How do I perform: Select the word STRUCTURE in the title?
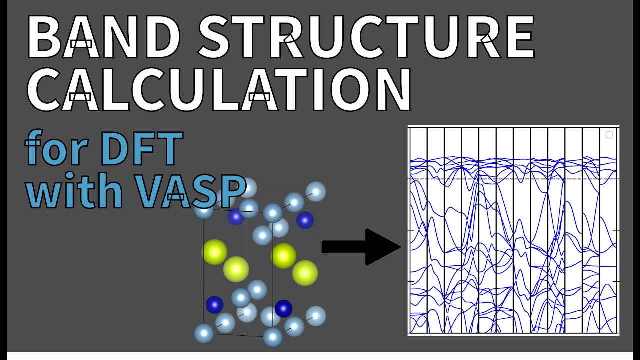point(367,37)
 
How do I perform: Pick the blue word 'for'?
point(58,149)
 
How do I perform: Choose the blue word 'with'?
point(75,192)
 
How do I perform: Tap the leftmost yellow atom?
point(215,252)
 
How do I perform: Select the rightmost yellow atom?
point(305,273)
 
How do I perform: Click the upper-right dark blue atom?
point(305,220)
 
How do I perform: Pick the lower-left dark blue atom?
point(215,305)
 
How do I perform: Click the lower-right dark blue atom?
point(283,308)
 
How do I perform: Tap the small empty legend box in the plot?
point(609,135)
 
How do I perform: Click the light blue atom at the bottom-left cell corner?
point(204,333)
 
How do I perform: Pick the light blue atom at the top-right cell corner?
point(316,191)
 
